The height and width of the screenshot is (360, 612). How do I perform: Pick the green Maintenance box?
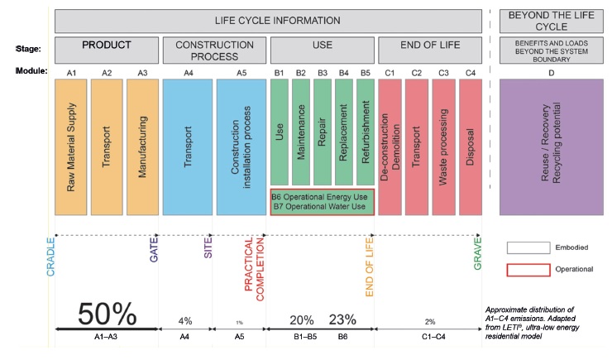(x=300, y=132)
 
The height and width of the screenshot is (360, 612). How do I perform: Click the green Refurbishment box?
(x=365, y=132)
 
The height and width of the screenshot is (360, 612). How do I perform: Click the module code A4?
(x=188, y=72)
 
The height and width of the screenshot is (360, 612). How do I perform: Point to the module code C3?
(x=443, y=72)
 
